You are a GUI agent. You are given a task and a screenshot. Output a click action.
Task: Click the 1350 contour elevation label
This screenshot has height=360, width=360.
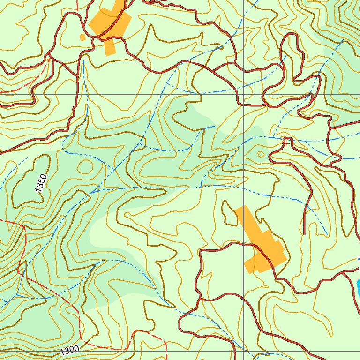click(41, 182)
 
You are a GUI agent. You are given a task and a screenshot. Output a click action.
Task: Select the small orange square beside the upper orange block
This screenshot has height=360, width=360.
click(82, 37)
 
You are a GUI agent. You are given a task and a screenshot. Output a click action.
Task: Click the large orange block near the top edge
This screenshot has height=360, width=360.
click(111, 26)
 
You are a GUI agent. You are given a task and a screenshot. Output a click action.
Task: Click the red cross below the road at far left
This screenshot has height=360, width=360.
click(49, 143)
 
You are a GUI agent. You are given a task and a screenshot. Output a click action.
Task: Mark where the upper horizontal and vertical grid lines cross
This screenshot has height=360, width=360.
click(244, 94)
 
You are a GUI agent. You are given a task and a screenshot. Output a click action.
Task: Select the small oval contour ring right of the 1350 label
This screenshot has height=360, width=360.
click(85, 166)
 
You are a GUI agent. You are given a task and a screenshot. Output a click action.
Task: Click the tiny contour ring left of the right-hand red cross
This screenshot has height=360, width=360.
click(261, 153)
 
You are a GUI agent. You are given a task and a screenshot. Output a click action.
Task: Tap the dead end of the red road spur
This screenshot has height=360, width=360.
click(305, 233)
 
